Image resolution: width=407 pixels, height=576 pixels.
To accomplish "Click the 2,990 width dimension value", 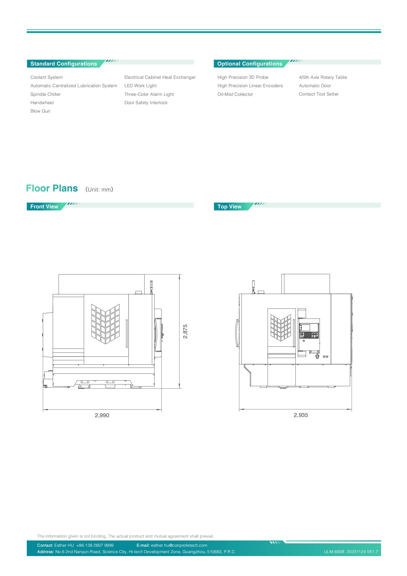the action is (102, 415).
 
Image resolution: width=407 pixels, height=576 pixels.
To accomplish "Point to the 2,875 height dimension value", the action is (185, 331).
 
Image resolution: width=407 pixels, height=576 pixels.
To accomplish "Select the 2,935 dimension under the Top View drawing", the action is (301, 415).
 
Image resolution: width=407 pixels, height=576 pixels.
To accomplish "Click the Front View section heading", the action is (44, 206).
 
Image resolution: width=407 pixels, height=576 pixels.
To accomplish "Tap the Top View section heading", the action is (229, 206).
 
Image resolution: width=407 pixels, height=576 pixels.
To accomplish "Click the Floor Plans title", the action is (52, 188).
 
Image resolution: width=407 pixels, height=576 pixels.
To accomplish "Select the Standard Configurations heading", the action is (64, 64).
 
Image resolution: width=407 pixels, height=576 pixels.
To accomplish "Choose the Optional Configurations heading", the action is (250, 64).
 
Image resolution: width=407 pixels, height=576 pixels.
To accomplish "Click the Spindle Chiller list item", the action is (45, 94).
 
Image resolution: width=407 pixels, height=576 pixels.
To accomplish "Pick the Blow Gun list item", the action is (40, 111).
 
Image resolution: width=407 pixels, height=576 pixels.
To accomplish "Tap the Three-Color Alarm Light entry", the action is (149, 94).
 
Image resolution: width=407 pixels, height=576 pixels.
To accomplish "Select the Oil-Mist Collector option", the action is (235, 94).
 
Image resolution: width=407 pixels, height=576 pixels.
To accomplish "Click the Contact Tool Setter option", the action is (318, 94).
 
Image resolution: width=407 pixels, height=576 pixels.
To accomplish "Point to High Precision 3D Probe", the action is (243, 77).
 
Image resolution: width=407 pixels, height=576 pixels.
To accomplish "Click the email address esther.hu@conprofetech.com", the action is (179, 545).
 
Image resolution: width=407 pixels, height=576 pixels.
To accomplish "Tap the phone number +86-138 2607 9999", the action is (95, 545).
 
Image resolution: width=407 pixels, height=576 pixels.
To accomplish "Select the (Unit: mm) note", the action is (99, 189).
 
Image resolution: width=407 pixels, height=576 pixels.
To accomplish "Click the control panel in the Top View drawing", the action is (309, 331).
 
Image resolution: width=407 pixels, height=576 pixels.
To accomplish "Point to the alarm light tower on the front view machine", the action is (151, 287).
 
